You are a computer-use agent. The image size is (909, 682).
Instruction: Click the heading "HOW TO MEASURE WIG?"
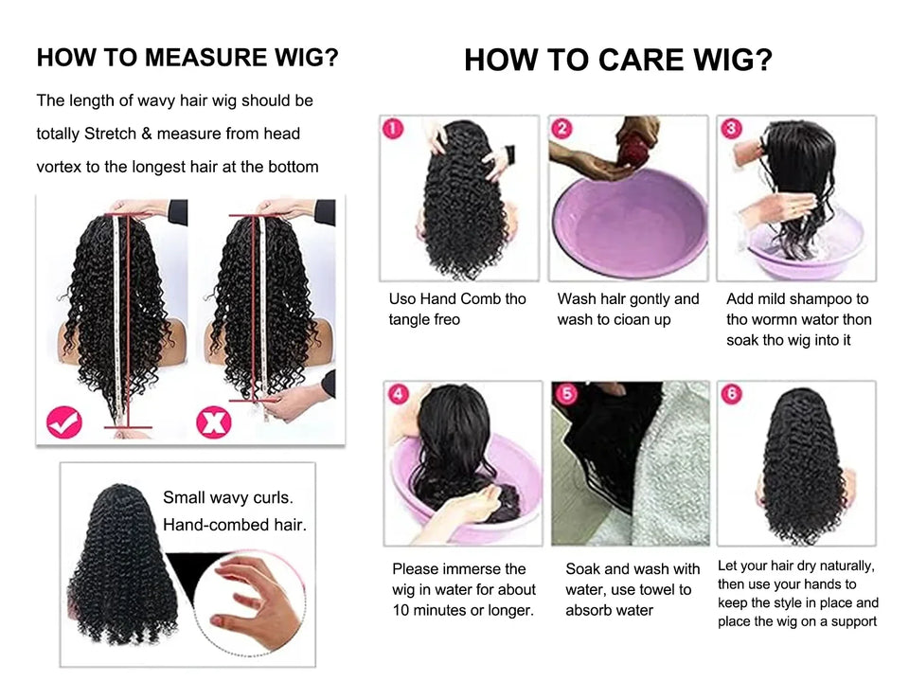187,58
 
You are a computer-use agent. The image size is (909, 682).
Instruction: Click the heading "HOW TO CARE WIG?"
618,61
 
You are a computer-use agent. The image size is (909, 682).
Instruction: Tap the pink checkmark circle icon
64,422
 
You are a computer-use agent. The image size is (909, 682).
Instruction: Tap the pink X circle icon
214,422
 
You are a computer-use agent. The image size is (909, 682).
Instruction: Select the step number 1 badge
393,128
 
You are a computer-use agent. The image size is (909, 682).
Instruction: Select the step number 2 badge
562,128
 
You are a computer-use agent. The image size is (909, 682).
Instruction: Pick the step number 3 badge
731,128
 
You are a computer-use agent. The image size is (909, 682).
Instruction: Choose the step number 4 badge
398,394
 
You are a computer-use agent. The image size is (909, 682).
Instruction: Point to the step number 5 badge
566,394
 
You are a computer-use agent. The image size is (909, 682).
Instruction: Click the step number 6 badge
731,394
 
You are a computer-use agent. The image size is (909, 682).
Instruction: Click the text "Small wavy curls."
228,497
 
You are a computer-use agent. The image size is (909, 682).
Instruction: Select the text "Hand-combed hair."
235,524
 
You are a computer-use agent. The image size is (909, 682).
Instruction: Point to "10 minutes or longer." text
463,611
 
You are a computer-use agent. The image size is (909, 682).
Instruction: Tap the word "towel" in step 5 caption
654,590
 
